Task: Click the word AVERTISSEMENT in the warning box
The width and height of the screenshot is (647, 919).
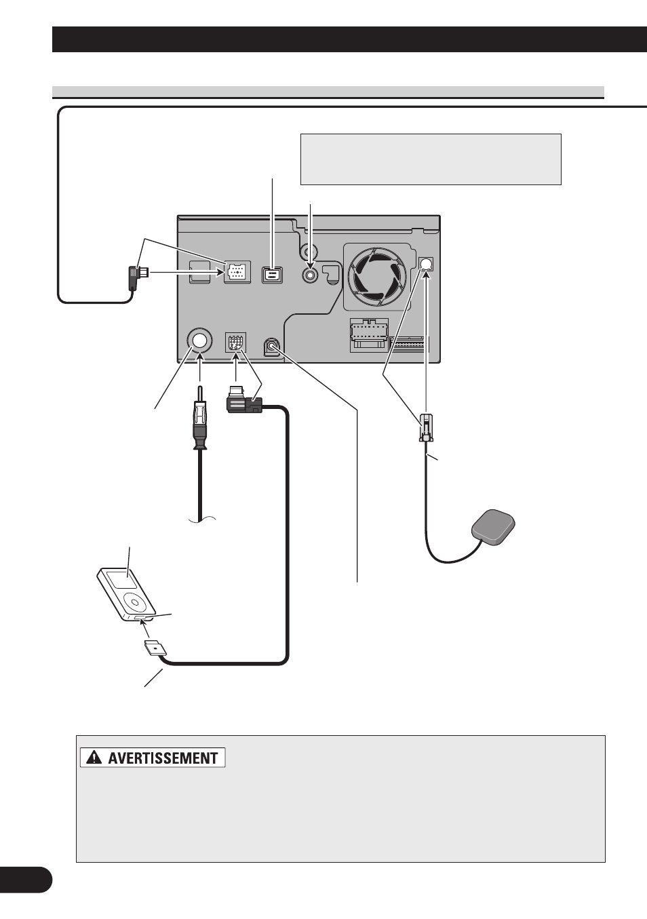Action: pos(163,758)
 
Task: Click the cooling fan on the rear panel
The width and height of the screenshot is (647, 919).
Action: pos(377,275)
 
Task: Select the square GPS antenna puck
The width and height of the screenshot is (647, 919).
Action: pos(493,527)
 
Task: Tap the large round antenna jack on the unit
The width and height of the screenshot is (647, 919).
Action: pos(199,340)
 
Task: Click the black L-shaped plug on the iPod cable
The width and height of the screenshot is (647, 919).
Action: pos(243,401)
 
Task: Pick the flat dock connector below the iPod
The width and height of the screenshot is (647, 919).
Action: pos(155,650)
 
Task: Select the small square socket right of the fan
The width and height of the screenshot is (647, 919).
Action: pos(427,264)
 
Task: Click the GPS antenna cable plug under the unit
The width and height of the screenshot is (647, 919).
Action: pos(426,427)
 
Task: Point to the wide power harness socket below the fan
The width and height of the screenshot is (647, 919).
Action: pos(369,335)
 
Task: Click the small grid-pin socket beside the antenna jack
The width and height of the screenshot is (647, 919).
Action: pos(235,342)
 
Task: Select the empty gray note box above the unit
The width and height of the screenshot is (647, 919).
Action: pos(431,159)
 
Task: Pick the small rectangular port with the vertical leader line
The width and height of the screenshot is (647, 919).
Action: pos(271,275)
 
